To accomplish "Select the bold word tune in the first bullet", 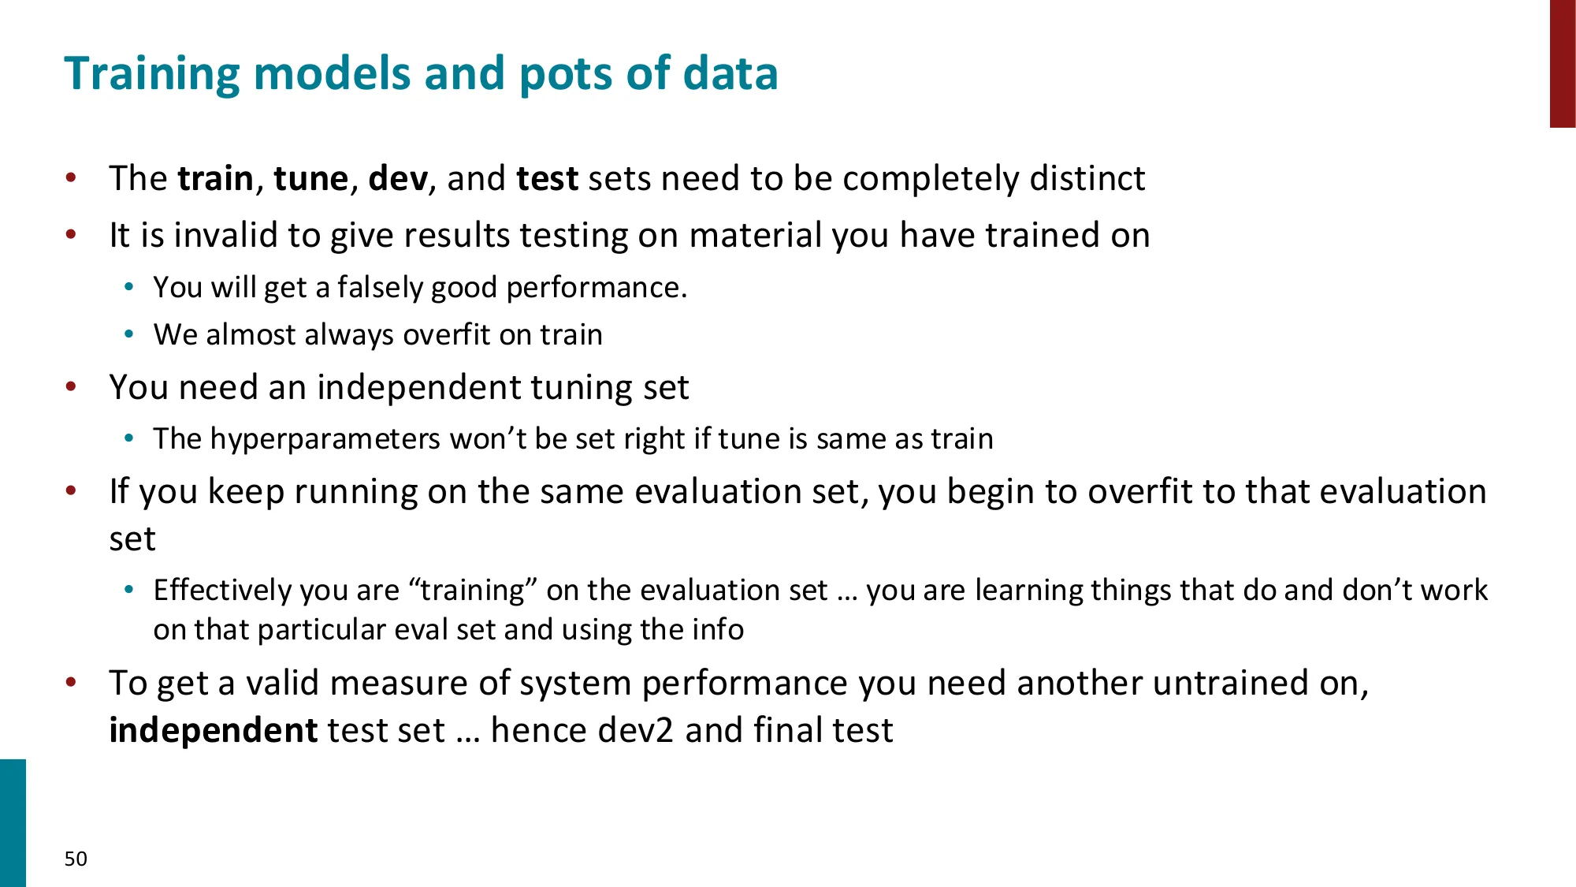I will pyautogui.click(x=310, y=179).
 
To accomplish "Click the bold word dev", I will pyautogui.click(x=398, y=179).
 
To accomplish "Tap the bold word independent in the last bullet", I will pyautogui.click(x=213, y=731).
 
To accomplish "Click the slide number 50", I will pyautogui.click(x=76, y=859).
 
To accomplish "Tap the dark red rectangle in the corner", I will pyautogui.click(x=1562, y=63).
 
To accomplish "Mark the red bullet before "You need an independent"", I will pyautogui.click(x=72, y=387).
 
